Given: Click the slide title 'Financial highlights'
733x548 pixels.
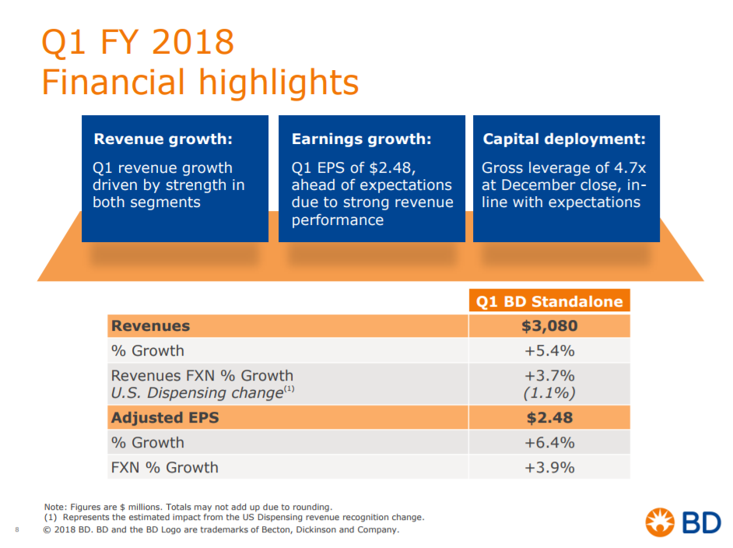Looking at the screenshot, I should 199,83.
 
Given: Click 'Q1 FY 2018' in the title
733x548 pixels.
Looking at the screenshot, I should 137,41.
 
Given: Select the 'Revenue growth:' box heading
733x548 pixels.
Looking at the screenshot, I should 163,139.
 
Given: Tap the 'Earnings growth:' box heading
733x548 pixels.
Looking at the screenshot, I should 361,139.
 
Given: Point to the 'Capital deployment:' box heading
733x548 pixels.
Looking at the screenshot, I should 564,139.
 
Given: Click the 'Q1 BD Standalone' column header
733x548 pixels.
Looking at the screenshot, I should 549,302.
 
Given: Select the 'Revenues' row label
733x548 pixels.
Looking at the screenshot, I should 150,326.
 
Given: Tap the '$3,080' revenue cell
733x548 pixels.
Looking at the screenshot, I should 549,326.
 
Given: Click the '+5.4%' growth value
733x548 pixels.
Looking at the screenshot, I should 549,350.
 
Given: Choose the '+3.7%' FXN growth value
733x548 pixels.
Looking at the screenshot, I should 549,376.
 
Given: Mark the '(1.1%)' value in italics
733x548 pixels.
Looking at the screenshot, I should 549,393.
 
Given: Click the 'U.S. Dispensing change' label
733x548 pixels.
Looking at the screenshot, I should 197,393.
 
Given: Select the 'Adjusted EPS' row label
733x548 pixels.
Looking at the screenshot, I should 165,418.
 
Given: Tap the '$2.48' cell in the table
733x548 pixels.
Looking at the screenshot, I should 549,418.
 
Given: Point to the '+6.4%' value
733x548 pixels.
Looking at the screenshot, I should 549,443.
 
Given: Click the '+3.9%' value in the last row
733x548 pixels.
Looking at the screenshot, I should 549,468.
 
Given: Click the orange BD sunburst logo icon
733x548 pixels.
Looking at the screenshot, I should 661,522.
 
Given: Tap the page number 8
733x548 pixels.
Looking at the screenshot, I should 17,531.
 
